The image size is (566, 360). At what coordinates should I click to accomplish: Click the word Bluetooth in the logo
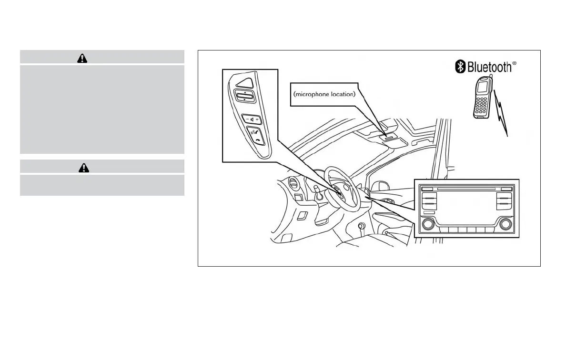click(489, 67)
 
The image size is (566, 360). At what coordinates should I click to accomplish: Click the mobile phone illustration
click(483, 97)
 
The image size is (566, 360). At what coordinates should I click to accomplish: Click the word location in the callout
click(343, 94)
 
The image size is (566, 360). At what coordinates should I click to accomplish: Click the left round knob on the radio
click(428, 223)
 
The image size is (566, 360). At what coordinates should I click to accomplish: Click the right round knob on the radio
click(505, 223)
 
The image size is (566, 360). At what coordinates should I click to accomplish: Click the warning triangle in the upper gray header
click(82, 58)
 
